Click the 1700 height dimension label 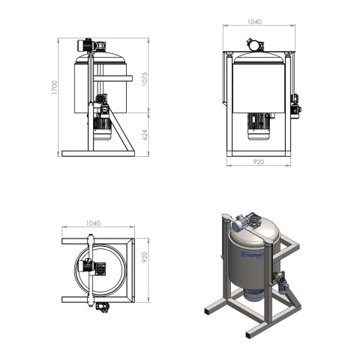pyautogui.click(x=55, y=88)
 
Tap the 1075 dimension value pyautogui.click(x=145, y=79)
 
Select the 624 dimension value pyautogui.click(x=145, y=135)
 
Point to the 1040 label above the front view pyautogui.click(x=254, y=22)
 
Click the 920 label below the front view pyautogui.click(x=258, y=162)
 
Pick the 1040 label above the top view pyautogui.click(x=93, y=223)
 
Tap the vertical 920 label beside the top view pyautogui.click(x=145, y=257)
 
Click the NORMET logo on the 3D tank pyautogui.click(x=253, y=255)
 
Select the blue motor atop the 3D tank pyautogui.click(x=240, y=223)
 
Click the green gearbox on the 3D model pyautogui.click(x=275, y=277)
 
